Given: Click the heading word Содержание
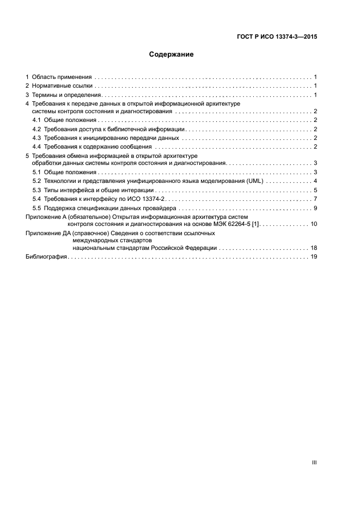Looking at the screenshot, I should pyautogui.click(x=172, y=54).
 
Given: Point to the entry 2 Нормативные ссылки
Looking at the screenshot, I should pyautogui.click(x=60, y=86).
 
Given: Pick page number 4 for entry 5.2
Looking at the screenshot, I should pyautogui.click(x=315, y=181).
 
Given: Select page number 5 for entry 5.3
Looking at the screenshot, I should pyautogui.click(x=315, y=190).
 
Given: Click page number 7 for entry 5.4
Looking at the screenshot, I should pyautogui.click(x=315, y=199).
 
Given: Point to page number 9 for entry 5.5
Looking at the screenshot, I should pyautogui.click(x=315, y=208).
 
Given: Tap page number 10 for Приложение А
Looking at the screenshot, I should pyautogui.click(x=314, y=224).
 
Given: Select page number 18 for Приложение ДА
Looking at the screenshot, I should pyautogui.click(x=314, y=248).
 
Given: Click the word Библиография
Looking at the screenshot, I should pyautogui.click(x=46, y=257).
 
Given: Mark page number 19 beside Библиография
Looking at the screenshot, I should pyautogui.click(x=314, y=257).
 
